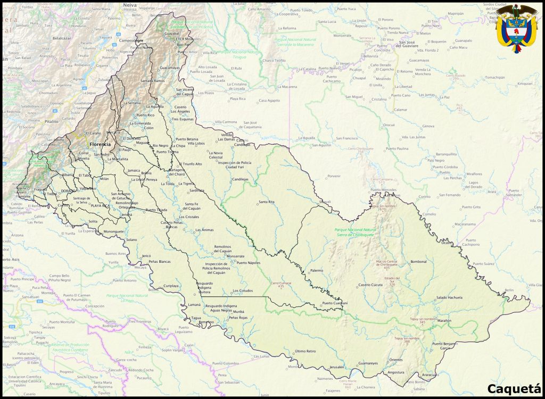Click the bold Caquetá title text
514,389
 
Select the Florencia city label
100,144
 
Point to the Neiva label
129,4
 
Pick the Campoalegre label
131,40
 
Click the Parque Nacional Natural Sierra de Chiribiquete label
356,231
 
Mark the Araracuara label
430,375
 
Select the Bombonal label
419,261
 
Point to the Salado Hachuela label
449,297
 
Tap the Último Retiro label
305,351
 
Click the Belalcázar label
62,38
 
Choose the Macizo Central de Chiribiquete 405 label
387,264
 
